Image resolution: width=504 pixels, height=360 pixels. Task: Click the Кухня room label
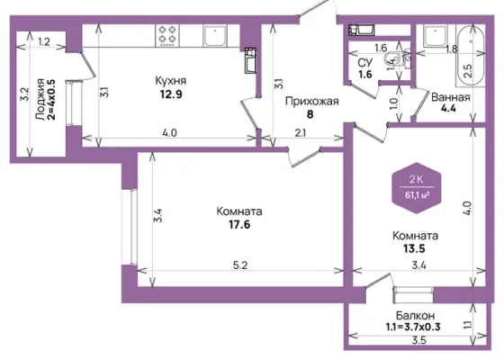pos(171,81)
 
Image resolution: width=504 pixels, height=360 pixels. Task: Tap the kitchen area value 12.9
pos(171,94)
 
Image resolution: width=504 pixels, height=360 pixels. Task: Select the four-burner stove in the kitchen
pos(167,35)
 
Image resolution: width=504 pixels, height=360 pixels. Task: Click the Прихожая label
pos(311,102)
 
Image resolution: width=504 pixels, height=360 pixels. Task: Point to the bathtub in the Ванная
pos(470,55)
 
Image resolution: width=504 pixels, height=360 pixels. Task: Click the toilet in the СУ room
pos(393,59)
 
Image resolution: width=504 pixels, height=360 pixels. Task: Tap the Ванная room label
pos(451,97)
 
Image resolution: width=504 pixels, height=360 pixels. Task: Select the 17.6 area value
pos(239,224)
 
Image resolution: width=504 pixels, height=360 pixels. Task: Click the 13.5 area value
pos(414,248)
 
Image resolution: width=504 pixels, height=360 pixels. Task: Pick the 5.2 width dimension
pos(240,265)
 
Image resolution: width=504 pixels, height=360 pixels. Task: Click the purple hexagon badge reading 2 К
pos(417,188)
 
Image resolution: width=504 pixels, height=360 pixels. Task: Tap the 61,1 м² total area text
pos(418,194)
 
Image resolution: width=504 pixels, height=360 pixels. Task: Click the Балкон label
pos(415,315)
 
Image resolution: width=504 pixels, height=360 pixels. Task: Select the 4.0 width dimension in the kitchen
pos(169,133)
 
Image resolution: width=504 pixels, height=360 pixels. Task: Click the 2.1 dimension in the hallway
pos(301,133)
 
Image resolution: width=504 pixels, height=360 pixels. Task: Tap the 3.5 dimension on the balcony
pos(418,340)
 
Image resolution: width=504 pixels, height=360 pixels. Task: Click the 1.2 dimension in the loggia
pos(44,41)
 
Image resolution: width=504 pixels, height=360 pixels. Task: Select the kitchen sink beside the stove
pos(215,36)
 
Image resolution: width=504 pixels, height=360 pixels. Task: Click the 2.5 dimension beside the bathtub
pos(468,71)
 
